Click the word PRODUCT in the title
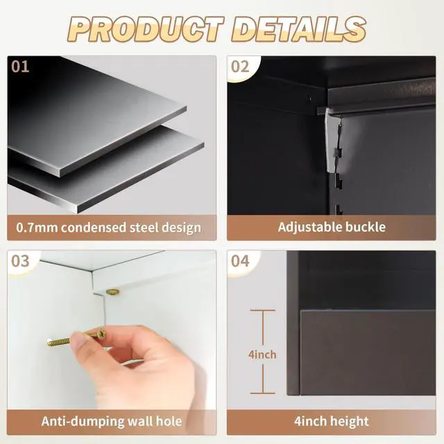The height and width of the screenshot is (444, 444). tap(146, 29)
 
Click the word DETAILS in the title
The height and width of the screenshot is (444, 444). tap(298, 29)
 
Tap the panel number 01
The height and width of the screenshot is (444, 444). tap(20, 67)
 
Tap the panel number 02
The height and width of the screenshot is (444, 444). tap(240, 67)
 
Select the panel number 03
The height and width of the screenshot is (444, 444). tap(20, 261)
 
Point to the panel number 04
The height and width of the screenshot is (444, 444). tap(240, 261)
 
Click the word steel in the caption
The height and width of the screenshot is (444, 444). tap(144, 228)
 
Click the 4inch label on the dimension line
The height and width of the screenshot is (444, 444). tap(262, 355)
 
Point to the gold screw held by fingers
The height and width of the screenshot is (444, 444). tap(76, 337)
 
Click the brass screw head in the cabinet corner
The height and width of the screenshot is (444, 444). tap(112, 291)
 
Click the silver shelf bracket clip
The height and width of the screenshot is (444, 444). tap(332, 142)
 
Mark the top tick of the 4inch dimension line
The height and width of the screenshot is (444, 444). tap(262, 311)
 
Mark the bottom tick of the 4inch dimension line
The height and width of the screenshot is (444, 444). tap(262, 393)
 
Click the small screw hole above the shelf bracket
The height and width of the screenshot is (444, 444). tap(309, 99)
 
